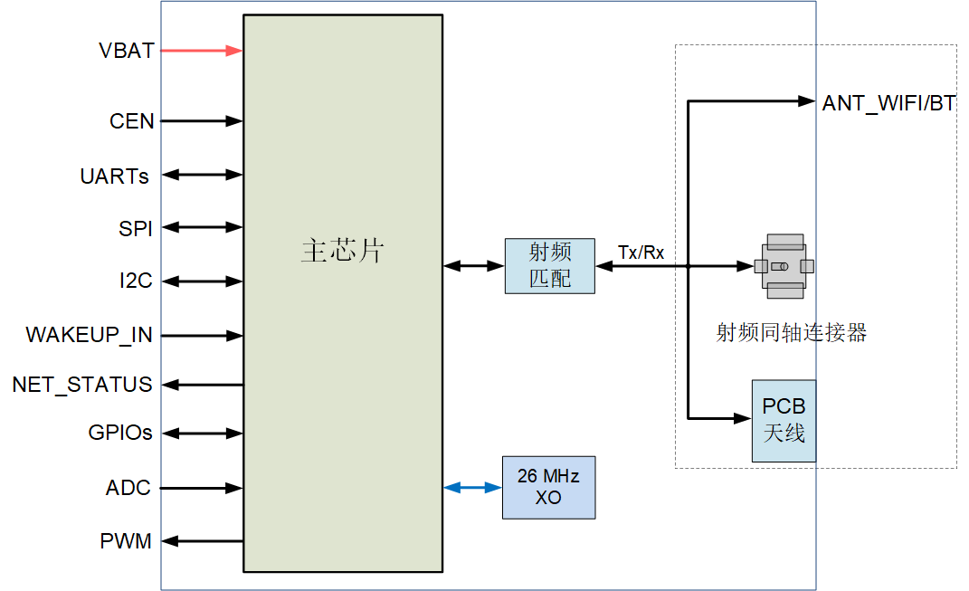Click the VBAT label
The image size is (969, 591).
[x=126, y=51]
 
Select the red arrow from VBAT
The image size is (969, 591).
[x=202, y=51]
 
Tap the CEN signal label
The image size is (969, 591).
[x=132, y=121]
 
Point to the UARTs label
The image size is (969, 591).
[x=115, y=176]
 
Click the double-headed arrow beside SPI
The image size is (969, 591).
[x=202, y=227]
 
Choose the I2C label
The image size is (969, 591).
[x=136, y=281]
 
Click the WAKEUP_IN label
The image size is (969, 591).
[x=89, y=336]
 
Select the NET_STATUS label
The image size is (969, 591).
[x=82, y=385]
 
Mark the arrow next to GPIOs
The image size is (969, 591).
[x=202, y=434]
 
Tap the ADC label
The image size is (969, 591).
[x=128, y=489]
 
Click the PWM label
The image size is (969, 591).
[x=126, y=542]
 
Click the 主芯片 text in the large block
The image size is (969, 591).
[x=342, y=251]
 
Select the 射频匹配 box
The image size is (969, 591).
[x=550, y=266]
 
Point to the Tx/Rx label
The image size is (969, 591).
[x=641, y=253]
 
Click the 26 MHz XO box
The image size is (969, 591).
[x=548, y=487]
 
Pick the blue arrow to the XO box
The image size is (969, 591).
[x=472, y=488]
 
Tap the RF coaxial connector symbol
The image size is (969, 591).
[x=784, y=266]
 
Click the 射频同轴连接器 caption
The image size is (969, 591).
[x=791, y=333]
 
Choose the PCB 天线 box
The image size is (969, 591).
[x=784, y=420]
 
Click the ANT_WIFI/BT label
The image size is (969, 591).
[x=888, y=103]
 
